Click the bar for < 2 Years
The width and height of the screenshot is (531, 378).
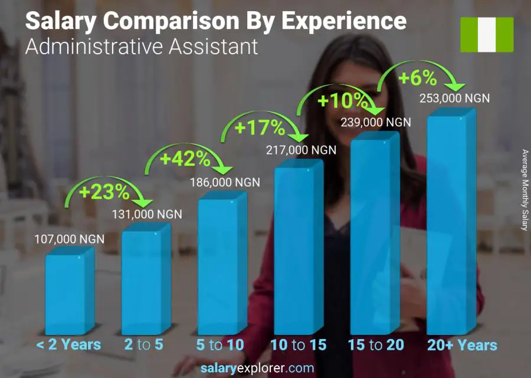pyautogui.click(x=70, y=292)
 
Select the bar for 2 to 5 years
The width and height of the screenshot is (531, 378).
pyautogui.click(x=146, y=280)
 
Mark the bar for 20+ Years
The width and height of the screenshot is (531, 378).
pyautogui.click(x=451, y=224)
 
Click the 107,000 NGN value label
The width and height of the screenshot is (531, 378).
pyautogui.click(x=70, y=239)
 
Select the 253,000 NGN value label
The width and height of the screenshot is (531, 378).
pyautogui.click(x=454, y=98)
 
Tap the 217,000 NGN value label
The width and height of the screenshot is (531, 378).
pyautogui.click(x=301, y=150)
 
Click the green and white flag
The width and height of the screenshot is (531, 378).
pyautogui.click(x=487, y=35)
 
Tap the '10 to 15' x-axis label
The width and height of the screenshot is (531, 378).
pyautogui.click(x=299, y=345)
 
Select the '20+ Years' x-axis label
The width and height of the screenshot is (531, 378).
pyautogui.click(x=463, y=345)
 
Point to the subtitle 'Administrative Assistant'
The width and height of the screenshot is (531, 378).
pyautogui.click(x=142, y=47)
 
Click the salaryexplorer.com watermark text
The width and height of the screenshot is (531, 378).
pyautogui.click(x=265, y=369)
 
